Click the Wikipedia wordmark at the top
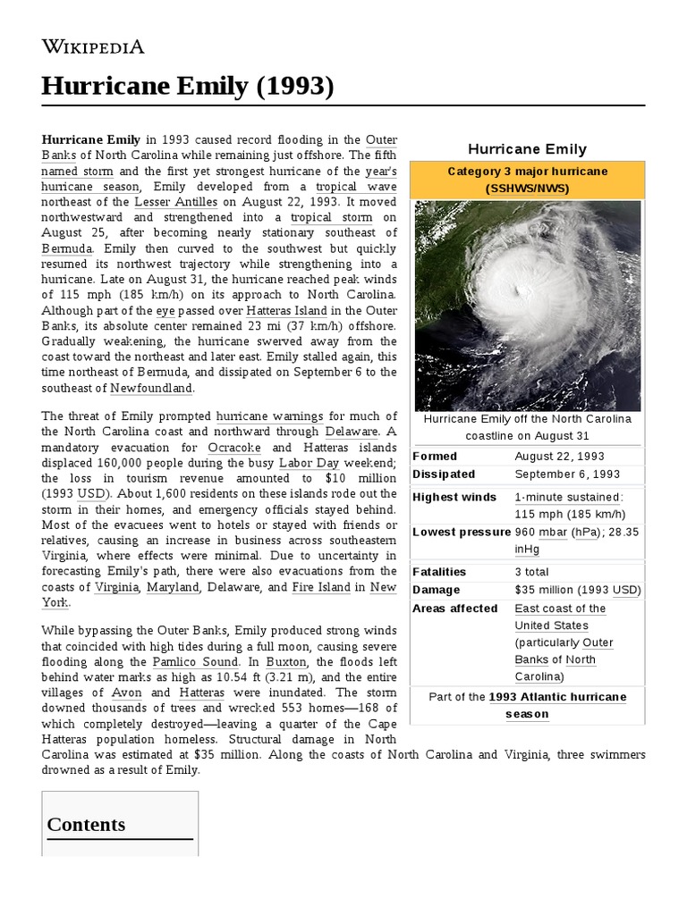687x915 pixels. tap(93, 46)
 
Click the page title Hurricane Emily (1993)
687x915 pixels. tap(188, 87)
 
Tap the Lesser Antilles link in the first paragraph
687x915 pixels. tap(175, 202)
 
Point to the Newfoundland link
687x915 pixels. tap(151, 388)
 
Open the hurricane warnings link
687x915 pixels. tap(269, 416)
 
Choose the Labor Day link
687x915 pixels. tap(308, 463)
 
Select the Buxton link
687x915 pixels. tap(285, 661)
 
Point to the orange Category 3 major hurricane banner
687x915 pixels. tap(527, 180)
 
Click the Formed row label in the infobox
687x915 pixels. tap(434, 456)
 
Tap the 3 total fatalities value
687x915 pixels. tap(531, 571)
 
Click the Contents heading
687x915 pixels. tap(86, 824)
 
